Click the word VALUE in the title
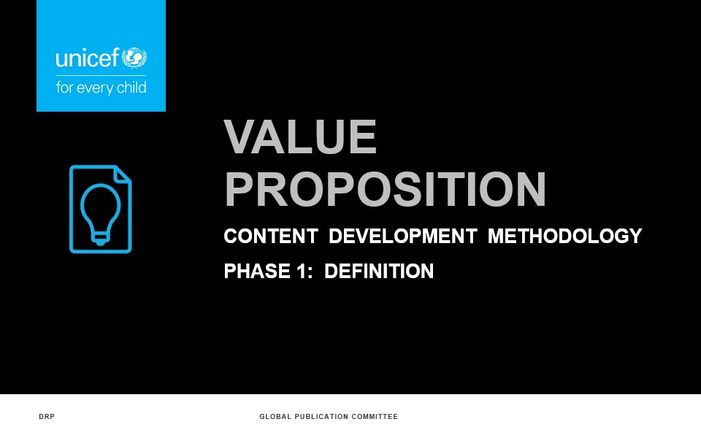tap(300, 137)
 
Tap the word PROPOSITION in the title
tap(386, 190)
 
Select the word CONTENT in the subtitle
tap(271, 236)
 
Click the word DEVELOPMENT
tap(403, 236)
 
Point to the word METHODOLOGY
tap(564, 236)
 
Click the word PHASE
tap(257, 271)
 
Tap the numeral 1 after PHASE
tap(302, 271)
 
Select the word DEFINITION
tap(379, 271)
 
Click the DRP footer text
tap(47, 417)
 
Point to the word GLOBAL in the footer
tap(275, 417)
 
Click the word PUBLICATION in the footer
tap(321, 417)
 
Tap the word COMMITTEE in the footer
tap(375, 417)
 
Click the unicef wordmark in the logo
tap(88, 58)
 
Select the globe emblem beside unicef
tap(134, 58)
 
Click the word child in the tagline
tap(131, 87)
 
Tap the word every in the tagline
tap(95, 88)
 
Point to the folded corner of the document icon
tap(123, 174)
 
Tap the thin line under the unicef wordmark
tap(101, 75)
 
